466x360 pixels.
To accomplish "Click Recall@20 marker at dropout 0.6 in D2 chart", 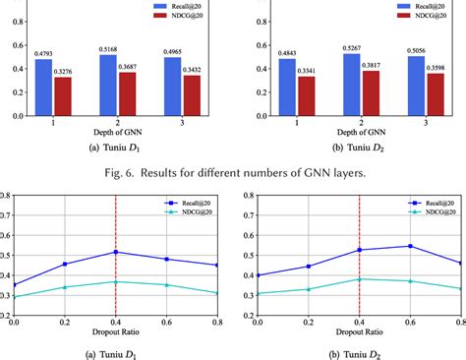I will coord(410,246).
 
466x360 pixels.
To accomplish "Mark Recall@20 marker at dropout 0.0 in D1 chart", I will coord(13,284).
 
